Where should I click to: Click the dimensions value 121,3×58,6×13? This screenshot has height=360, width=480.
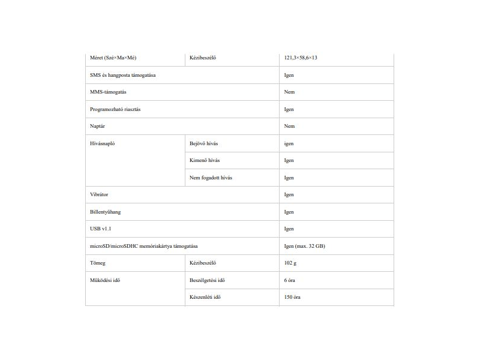click(x=301, y=58)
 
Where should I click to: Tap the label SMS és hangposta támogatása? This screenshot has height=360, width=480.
click(x=123, y=75)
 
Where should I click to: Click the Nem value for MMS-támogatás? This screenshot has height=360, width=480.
click(x=289, y=92)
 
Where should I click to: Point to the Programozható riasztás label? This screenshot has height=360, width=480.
click(x=115, y=109)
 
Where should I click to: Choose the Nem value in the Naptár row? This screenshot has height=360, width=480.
click(x=289, y=126)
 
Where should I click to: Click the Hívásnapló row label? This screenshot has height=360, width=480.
click(x=103, y=143)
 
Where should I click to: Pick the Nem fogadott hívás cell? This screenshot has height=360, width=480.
click(x=211, y=178)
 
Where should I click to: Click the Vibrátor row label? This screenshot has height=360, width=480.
click(x=99, y=194)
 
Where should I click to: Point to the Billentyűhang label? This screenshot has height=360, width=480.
click(x=105, y=212)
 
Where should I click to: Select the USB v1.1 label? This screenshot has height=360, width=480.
click(x=100, y=229)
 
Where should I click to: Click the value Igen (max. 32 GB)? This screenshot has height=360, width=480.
click(x=305, y=246)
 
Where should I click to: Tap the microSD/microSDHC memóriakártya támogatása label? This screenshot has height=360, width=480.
click(x=144, y=246)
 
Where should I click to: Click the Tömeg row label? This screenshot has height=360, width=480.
click(x=98, y=263)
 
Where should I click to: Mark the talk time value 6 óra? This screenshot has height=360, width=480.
click(x=290, y=280)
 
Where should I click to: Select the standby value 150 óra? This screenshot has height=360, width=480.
click(x=292, y=297)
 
